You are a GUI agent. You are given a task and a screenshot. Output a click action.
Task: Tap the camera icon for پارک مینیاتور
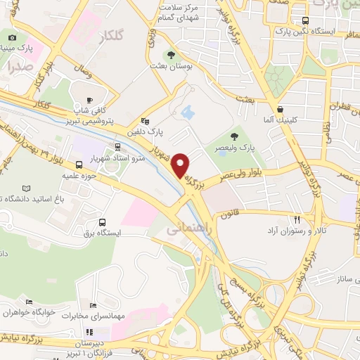coord(12,38)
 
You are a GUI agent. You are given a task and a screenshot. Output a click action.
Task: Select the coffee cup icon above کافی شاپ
coord(89,100)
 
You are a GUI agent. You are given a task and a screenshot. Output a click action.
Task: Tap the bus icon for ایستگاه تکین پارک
coord(304,20)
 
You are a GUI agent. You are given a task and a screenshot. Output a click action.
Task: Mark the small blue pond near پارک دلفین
coord(187,111)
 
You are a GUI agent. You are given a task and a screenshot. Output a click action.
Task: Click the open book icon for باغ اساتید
coord(27,188)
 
